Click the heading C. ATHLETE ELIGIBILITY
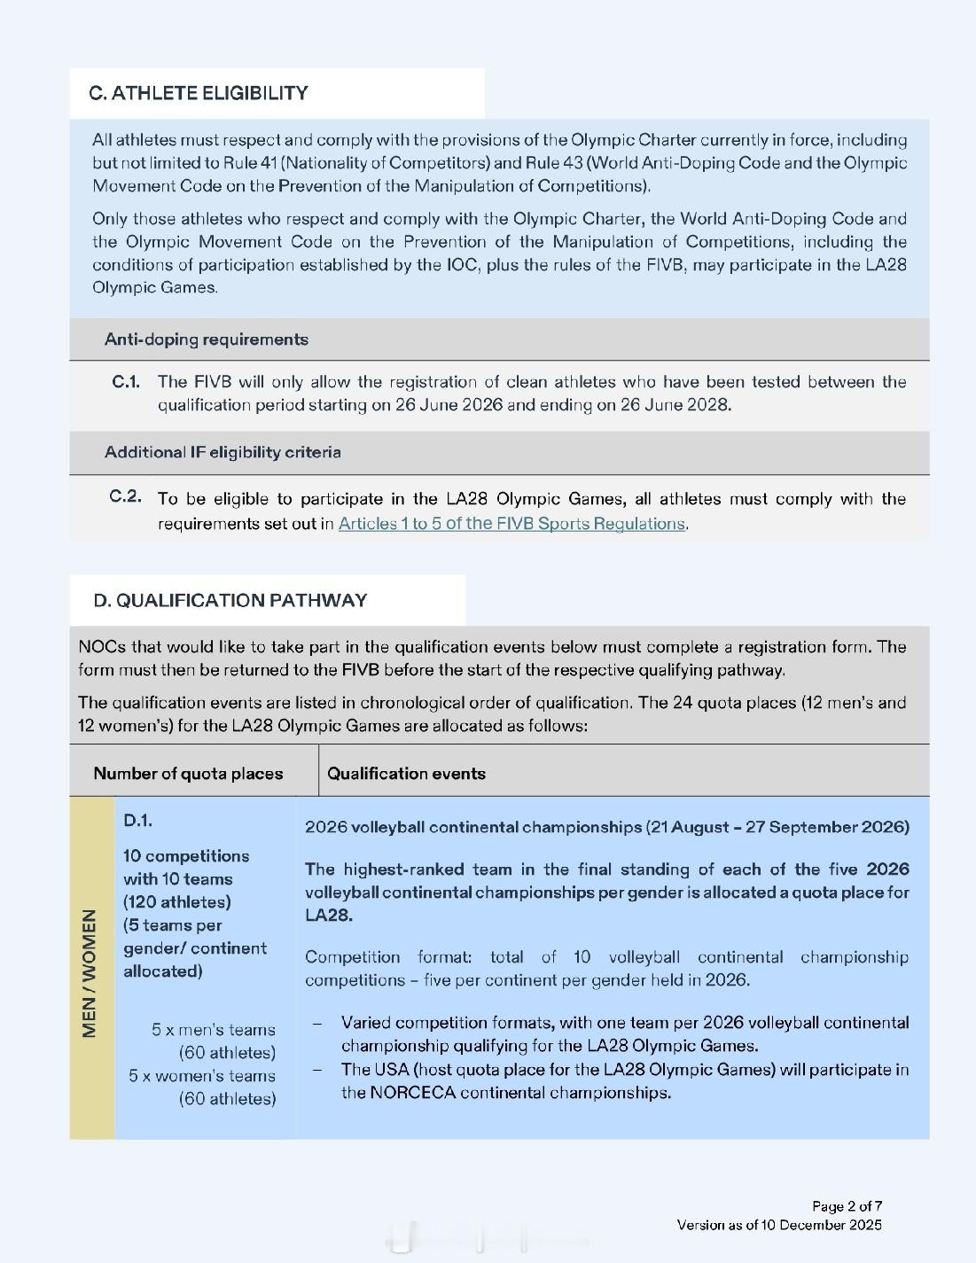pyautogui.click(x=199, y=93)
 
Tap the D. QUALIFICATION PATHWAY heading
pyautogui.click(x=230, y=600)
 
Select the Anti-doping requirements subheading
pyautogui.click(x=206, y=339)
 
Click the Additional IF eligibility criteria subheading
pyautogui.click(x=223, y=452)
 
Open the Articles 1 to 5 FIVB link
pyautogui.click(x=511, y=523)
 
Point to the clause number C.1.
pyautogui.click(x=126, y=382)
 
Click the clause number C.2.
pyautogui.click(x=125, y=496)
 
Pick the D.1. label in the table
pyautogui.click(x=138, y=821)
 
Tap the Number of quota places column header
pyautogui.click(x=188, y=773)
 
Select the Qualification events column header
pyautogui.click(x=406, y=773)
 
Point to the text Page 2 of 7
pyautogui.click(x=847, y=1206)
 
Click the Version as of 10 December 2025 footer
pyautogui.click(x=779, y=1225)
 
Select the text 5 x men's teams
pyautogui.click(x=213, y=1030)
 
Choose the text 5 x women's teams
pyautogui.click(x=201, y=1076)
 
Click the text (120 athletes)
pyautogui.click(x=177, y=902)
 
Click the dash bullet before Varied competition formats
pyautogui.click(x=317, y=1023)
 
